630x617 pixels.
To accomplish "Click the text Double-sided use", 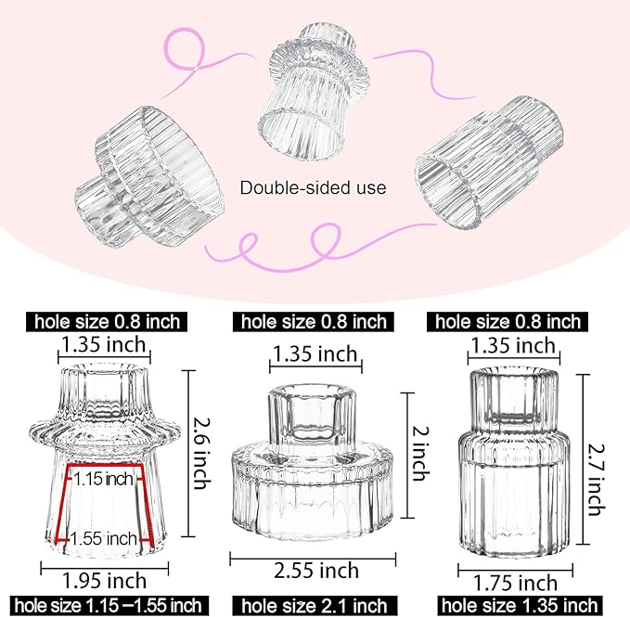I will (313, 187).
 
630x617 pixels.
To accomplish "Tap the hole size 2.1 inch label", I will (314, 606).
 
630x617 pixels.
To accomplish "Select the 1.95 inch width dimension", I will (103, 580).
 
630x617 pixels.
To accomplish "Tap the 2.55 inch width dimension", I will (314, 569).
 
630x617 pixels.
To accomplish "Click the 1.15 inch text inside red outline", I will (105, 480).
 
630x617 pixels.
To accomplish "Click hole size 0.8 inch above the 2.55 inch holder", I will (314, 322).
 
